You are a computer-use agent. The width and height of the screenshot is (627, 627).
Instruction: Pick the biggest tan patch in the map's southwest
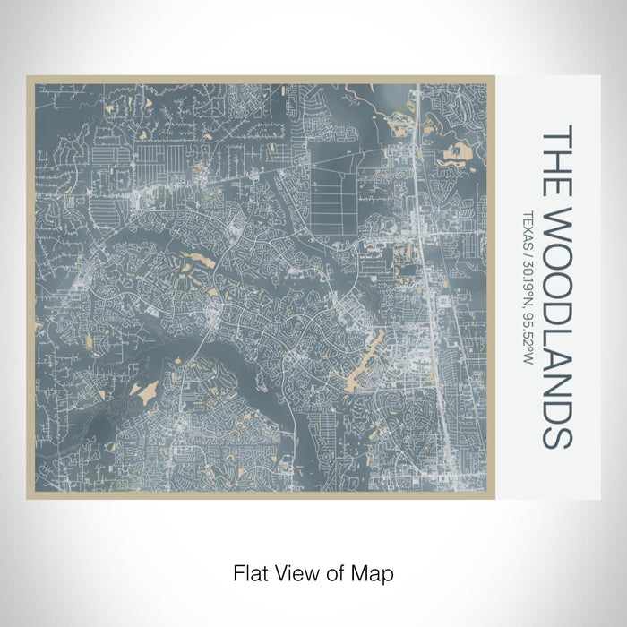click(x=143, y=391)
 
